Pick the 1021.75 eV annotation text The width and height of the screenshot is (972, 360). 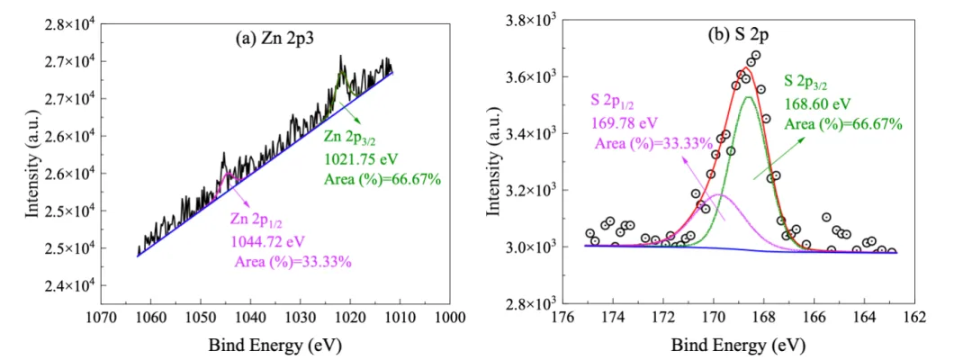pyautogui.click(x=362, y=159)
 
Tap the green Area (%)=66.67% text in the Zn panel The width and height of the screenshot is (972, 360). pyautogui.click(x=382, y=178)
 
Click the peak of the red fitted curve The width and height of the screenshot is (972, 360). pyautogui.click(x=747, y=68)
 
